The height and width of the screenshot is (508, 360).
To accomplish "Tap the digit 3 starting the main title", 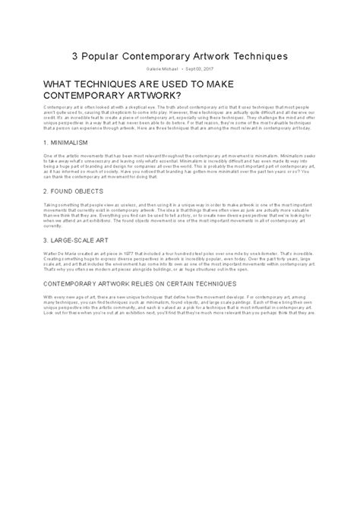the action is click(75, 56).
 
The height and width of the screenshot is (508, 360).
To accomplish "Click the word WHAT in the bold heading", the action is click(62, 85).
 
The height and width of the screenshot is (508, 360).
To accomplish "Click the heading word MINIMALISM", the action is click(74, 142).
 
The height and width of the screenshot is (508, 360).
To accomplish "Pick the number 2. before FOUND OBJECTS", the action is click(46, 191).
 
